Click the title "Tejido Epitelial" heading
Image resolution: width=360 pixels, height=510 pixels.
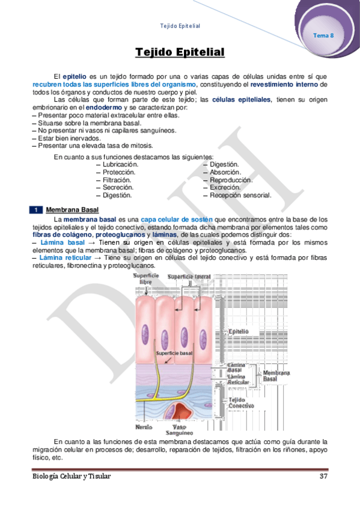pyautogui.click(x=180, y=53)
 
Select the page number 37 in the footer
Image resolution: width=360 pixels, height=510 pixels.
pyautogui.click(x=323, y=477)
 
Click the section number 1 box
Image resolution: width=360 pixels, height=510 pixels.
pyautogui.click(x=36, y=210)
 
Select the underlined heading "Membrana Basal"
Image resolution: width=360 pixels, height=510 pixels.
pyautogui.click(x=72, y=210)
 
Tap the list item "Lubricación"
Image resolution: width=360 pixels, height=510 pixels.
pyautogui.click(x=120, y=164)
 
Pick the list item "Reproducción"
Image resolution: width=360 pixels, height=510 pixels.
pyautogui.click(x=231, y=180)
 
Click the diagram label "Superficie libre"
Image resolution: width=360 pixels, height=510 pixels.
pyautogui.click(x=145, y=278)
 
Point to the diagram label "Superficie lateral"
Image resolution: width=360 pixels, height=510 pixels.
pyautogui.click(x=188, y=277)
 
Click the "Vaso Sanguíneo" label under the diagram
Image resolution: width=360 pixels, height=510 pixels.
pyautogui.click(x=179, y=429)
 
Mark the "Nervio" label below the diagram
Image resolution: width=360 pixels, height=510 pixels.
pyautogui.click(x=144, y=427)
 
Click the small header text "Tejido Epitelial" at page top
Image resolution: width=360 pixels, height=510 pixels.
pyautogui.click(x=180, y=26)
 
